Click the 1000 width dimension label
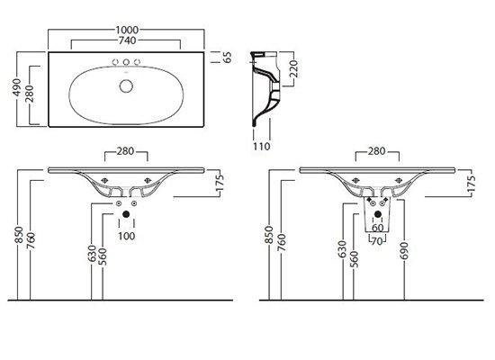127,30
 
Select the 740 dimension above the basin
127,40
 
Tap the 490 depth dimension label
16,87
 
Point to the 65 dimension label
227,58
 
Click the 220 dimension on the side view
293,68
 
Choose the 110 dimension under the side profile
262,146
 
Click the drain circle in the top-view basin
126,86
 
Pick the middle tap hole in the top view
126,62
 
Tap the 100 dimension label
126,236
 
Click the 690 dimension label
404,251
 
